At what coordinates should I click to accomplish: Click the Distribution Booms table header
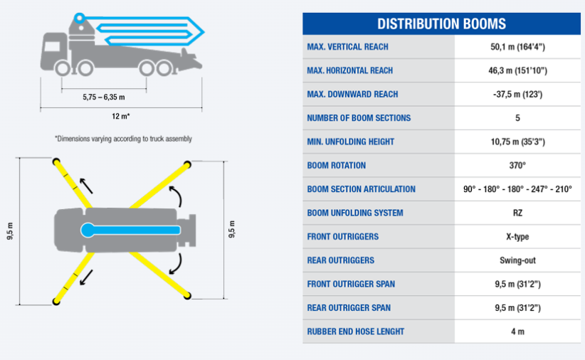click(x=441, y=24)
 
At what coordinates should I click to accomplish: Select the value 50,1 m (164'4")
click(x=517, y=47)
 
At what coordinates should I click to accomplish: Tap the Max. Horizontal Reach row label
click(x=350, y=70)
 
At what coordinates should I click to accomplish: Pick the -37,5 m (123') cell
click(x=517, y=95)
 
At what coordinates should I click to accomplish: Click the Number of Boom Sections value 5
click(x=517, y=118)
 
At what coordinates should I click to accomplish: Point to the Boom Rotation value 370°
click(x=517, y=165)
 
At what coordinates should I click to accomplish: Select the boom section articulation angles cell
click(x=517, y=189)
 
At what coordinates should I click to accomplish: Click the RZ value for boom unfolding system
click(x=517, y=213)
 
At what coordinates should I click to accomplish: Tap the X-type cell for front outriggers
click(x=517, y=236)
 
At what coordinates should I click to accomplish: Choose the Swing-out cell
click(x=517, y=260)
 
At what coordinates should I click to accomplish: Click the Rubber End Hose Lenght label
click(x=356, y=332)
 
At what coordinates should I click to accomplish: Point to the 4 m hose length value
click(x=517, y=332)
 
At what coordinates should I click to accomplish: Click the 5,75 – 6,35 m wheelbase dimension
click(x=104, y=97)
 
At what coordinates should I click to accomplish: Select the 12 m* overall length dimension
click(x=121, y=117)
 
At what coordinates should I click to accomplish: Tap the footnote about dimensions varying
click(x=123, y=139)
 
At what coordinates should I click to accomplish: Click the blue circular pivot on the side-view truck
click(x=79, y=18)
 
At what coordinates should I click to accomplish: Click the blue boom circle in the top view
click(x=88, y=231)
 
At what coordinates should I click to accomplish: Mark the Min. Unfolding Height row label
click(x=351, y=142)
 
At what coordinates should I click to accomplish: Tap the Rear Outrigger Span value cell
click(x=517, y=308)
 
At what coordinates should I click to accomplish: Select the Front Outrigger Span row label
click(x=351, y=285)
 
